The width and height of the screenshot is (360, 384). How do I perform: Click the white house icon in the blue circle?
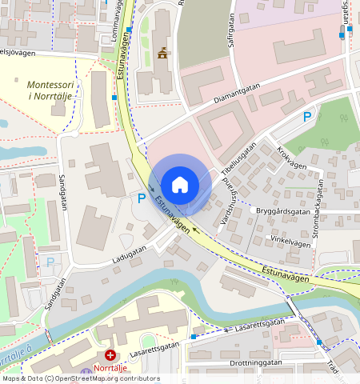pos(180,184)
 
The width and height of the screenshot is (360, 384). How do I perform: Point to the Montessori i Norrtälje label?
pos(50,90)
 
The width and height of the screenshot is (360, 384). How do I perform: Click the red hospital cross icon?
pos(110,354)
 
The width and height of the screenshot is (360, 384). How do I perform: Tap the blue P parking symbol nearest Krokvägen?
pos(306,118)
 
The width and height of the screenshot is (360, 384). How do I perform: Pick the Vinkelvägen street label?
pos(289,238)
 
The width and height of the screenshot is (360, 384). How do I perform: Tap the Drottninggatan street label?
pos(256,362)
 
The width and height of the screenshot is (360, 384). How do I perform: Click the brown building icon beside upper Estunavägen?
pos(163,54)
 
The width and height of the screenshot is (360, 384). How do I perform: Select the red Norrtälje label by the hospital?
pos(111,368)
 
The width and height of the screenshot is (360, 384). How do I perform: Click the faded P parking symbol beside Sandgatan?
pos(50,262)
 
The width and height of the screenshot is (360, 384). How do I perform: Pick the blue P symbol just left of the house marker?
pos(142,198)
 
